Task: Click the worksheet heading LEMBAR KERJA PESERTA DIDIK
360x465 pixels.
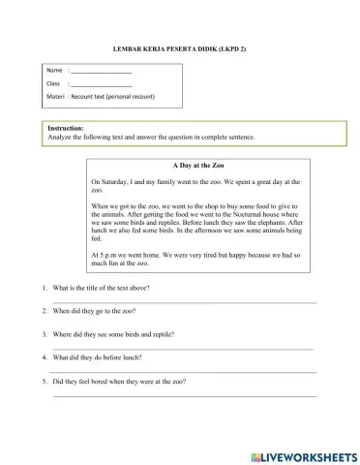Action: tap(180, 47)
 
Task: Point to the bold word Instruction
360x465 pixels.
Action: tap(66, 128)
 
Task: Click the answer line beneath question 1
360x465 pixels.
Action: tap(184, 302)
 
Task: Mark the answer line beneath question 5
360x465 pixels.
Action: tap(184, 394)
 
